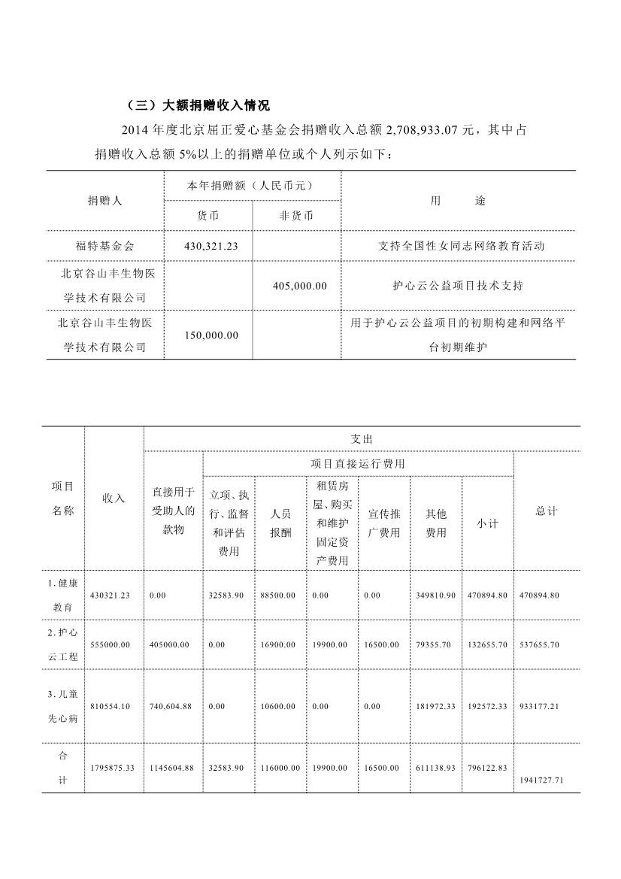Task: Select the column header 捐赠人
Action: pyautogui.click(x=105, y=201)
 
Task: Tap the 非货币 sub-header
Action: pyautogui.click(x=296, y=216)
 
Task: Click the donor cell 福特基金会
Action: pyautogui.click(x=105, y=246)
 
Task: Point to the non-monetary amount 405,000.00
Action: pyautogui.click(x=298, y=286)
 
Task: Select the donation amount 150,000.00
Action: pyautogui.click(x=211, y=335)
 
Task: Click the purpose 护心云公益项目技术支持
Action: pyautogui.click(x=458, y=286)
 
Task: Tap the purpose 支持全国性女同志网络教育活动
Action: pyautogui.click(x=458, y=246)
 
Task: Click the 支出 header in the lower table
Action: pyautogui.click(x=362, y=438)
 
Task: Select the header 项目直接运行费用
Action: pyautogui.click(x=358, y=464)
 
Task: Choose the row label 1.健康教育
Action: pyautogui.click(x=63, y=595)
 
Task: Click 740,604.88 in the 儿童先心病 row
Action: pyautogui.click(x=172, y=707)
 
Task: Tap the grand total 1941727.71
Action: pyautogui.click(x=541, y=780)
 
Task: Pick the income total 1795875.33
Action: pyautogui.click(x=112, y=768)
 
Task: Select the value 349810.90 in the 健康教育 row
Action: pyautogui.click(x=435, y=595)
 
